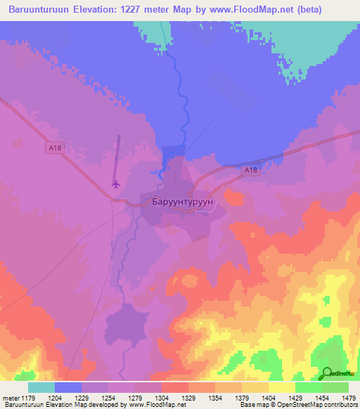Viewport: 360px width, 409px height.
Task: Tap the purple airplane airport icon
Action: pos(116,185)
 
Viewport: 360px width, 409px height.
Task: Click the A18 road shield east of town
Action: pos(252,170)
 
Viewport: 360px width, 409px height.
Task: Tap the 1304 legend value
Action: pos(161,397)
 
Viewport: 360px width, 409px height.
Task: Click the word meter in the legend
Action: pos(10,397)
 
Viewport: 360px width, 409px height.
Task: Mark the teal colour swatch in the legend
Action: pos(41,387)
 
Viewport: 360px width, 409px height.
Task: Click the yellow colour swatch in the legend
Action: pos(281,387)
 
